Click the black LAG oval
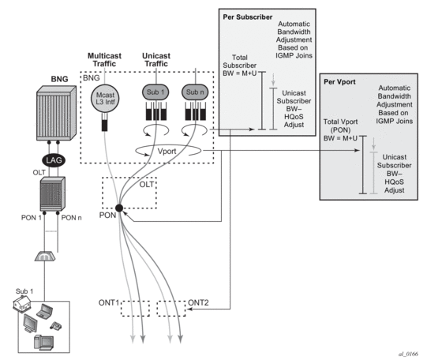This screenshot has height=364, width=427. point(54,160)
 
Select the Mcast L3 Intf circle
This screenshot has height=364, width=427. point(105,99)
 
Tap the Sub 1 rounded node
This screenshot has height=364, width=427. point(155,92)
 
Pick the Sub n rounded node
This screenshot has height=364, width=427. point(195,92)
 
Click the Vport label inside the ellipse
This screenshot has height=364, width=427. point(167,152)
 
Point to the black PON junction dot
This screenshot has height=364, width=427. point(119,208)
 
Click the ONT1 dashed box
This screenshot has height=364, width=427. point(135,309)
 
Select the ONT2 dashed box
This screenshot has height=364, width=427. point(171,309)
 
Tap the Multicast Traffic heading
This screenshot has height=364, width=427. point(104,60)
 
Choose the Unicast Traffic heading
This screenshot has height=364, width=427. point(156,60)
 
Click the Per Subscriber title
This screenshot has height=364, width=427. point(248,17)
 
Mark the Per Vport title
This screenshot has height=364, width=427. point(339,82)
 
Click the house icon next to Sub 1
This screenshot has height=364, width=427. point(22,304)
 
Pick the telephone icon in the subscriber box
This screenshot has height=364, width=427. point(56,325)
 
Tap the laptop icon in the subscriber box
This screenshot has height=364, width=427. point(45,311)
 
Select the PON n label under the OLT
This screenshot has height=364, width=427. point(71,218)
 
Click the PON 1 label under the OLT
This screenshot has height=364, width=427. point(32,218)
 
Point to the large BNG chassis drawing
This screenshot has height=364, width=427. point(56,113)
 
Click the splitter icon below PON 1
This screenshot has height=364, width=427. point(45,256)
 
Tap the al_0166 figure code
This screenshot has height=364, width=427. point(408,355)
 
